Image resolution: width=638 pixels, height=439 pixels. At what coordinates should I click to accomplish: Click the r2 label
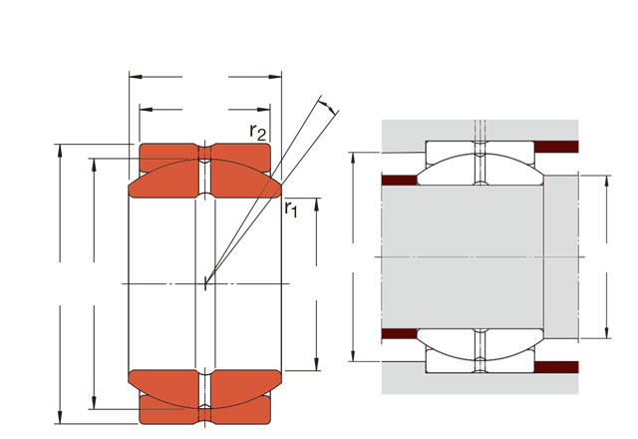[x=257, y=132]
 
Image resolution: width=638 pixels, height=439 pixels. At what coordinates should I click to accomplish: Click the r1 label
[x=291, y=209]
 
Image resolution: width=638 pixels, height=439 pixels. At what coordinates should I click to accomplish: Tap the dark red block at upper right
[x=556, y=147]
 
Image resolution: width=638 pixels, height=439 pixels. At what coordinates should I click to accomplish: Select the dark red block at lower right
[x=556, y=367]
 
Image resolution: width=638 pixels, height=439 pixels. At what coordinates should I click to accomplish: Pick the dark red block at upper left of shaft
[x=400, y=180]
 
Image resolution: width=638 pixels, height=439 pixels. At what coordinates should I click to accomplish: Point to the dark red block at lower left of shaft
[x=400, y=334]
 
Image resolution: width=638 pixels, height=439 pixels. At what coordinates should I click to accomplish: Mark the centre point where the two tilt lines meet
[x=205, y=283]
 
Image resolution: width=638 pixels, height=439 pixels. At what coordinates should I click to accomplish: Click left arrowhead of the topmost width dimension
[x=136, y=77]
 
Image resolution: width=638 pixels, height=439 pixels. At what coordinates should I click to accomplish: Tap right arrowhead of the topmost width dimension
[x=275, y=77]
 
